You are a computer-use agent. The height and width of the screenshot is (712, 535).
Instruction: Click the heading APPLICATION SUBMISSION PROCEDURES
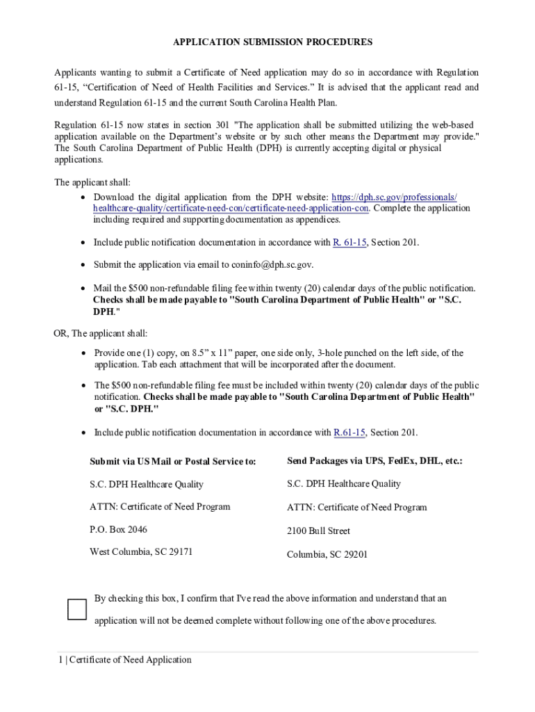pos(272,42)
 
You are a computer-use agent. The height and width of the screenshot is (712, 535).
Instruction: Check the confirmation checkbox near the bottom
pos(77,609)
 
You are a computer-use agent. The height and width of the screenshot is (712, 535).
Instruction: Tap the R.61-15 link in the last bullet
pos(349,432)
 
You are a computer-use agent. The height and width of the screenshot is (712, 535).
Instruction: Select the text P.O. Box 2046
pos(118,529)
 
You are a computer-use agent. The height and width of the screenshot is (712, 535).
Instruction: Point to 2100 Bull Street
pos(318,531)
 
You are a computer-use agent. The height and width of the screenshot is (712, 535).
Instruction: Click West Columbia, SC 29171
pos(141,552)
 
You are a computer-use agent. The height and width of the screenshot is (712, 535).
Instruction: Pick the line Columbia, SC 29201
pos(327,554)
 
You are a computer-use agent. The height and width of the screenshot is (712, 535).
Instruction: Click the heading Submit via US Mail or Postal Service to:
pos(172,461)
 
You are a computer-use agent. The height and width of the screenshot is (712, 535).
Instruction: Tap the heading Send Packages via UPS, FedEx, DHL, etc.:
pos(374,460)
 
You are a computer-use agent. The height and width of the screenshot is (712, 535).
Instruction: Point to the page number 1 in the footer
pos(60,659)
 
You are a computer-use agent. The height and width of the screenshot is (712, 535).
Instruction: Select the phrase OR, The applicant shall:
pos(100,333)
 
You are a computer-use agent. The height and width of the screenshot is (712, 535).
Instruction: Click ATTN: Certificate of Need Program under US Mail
pos(160,506)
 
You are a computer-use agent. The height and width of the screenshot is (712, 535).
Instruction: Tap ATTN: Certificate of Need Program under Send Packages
pos(357,508)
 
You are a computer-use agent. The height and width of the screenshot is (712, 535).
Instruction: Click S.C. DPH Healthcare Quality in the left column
pos(147,484)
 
